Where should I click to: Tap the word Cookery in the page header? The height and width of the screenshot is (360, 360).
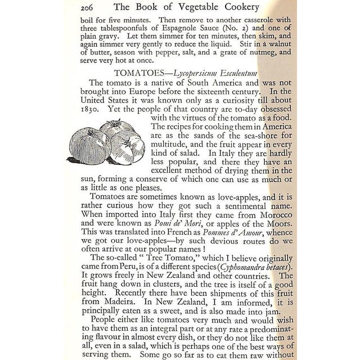(268, 8)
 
